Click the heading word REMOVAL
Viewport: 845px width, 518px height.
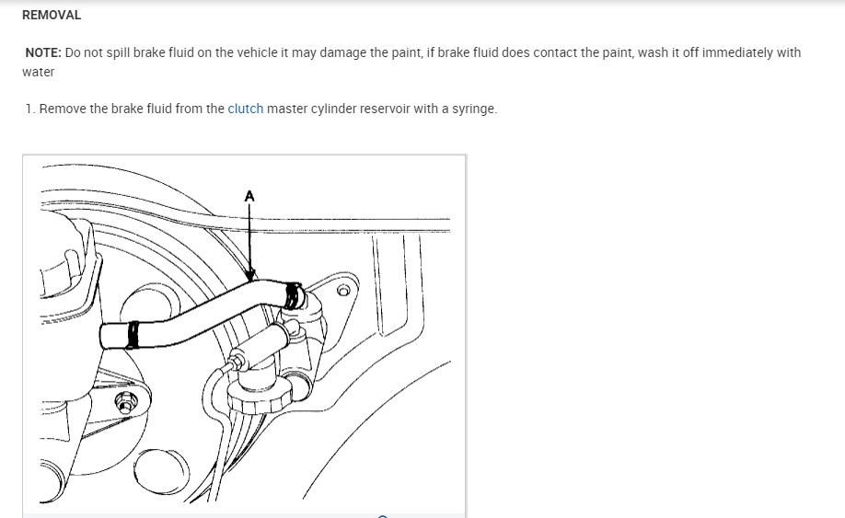click(52, 16)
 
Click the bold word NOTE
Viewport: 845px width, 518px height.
click(42, 52)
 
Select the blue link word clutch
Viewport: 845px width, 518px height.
click(246, 109)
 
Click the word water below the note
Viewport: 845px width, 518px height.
click(39, 72)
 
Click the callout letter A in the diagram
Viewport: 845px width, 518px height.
click(249, 195)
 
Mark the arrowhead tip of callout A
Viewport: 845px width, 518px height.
click(249, 280)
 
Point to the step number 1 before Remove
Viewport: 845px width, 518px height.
click(29, 109)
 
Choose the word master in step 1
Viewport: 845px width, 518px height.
click(286, 109)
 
